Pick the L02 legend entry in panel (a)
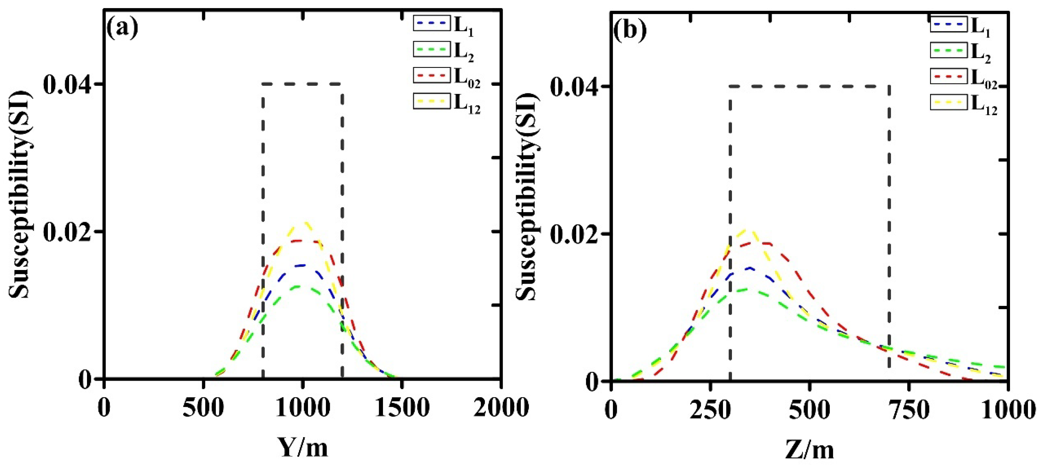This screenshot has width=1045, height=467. [x=446, y=76]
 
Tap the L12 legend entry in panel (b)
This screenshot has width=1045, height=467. [x=963, y=103]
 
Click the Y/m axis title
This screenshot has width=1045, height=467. [x=303, y=448]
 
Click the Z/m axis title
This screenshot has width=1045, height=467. [x=809, y=450]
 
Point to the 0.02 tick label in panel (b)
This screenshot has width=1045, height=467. [x=574, y=234]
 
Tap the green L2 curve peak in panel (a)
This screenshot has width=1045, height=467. [x=299, y=286]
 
